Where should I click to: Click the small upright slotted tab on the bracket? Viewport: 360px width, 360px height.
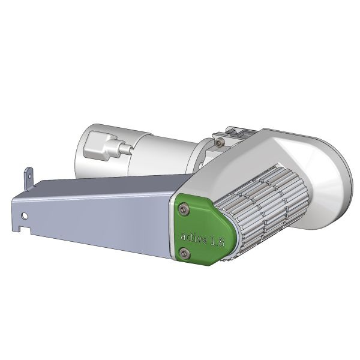[x=26, y=177]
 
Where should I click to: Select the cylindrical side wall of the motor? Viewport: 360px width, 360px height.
[x=162, y=153]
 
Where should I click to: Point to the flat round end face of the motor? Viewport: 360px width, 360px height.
[x=90, y=150]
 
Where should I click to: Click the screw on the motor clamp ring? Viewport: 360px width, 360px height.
[x=220, y=141]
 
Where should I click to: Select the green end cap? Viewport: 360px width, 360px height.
[x=201, y=231]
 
